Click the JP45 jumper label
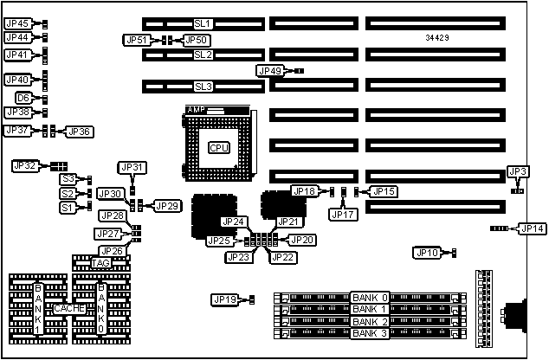17,23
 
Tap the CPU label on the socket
219,147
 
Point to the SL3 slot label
203,87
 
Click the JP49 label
270,70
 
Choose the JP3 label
518,172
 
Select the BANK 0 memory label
370,298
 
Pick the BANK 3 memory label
370,334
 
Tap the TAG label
102,263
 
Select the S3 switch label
68,178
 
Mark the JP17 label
342,214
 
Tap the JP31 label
132,167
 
